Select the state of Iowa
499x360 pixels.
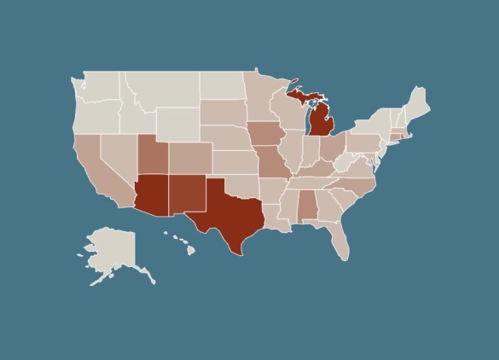[265, 135]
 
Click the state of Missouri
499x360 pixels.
[274, 163]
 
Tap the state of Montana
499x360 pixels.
[162, 89]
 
